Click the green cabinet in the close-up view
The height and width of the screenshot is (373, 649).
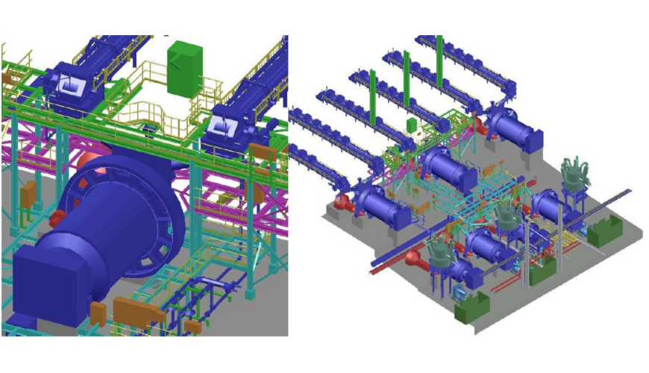tap(184, 69)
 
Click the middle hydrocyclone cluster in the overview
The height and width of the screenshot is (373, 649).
tap(507, 216)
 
